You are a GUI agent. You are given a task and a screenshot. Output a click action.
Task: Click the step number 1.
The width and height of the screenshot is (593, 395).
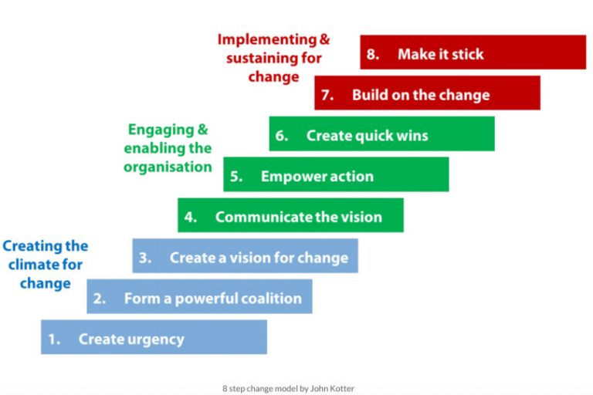[53, 339]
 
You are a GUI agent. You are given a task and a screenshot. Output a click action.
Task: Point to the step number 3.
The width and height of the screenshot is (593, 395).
[144, 258]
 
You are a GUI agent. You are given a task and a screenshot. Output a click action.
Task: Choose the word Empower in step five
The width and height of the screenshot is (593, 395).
[287, 177]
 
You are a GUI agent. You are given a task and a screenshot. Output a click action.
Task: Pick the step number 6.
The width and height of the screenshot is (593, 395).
[281, 137]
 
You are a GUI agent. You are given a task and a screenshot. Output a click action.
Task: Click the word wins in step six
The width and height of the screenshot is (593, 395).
[408, 137]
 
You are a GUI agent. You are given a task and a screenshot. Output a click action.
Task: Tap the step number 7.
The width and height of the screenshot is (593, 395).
[327, 96]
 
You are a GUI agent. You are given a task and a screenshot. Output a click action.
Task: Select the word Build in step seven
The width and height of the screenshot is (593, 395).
[369, 96]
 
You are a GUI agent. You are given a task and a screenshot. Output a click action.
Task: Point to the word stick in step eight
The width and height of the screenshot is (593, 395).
[464, 55]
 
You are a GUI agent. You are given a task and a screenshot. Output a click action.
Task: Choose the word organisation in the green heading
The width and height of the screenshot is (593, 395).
[168, 167]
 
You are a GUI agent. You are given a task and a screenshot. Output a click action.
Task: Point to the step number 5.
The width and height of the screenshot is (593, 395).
[236, 177]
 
